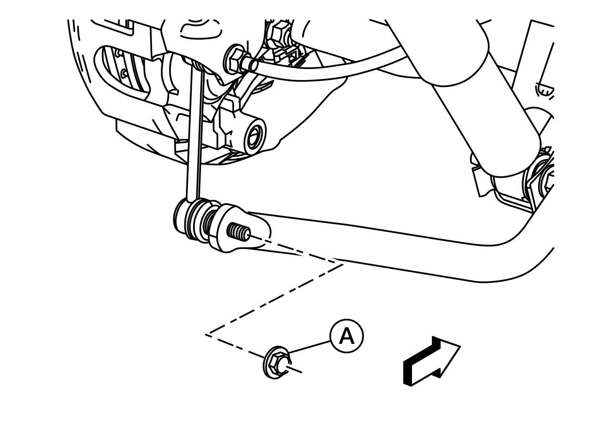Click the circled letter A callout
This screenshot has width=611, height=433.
(x=346, y=336)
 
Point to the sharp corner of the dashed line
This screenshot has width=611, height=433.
(x=206, y=334)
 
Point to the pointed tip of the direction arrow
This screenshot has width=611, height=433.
(x=461, y=346)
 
